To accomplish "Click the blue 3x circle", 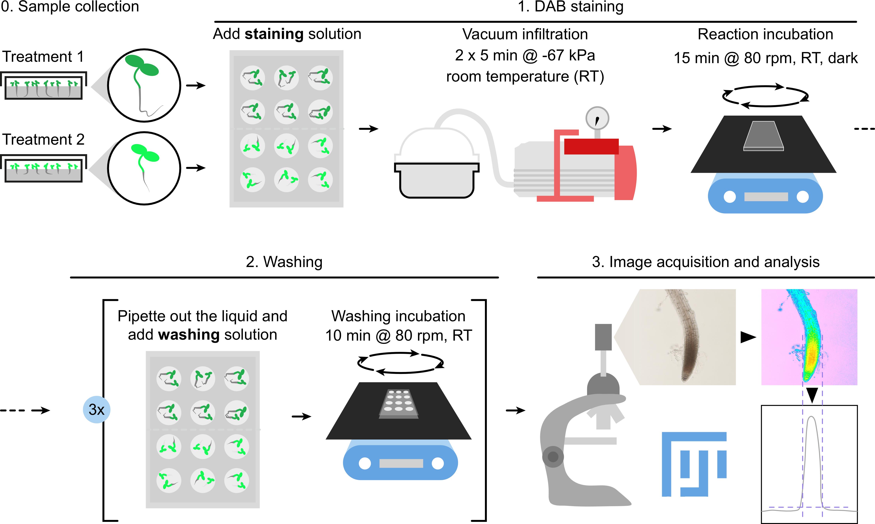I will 96,410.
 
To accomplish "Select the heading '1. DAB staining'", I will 570,6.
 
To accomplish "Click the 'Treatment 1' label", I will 43,57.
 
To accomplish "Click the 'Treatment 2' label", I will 43,139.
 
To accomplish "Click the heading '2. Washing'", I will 284,262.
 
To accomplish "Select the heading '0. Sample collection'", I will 70,6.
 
